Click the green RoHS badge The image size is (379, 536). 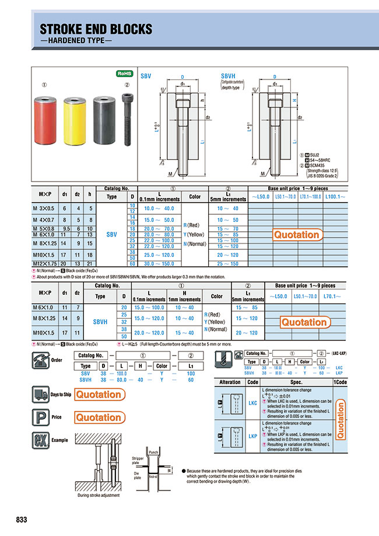coord(125,74)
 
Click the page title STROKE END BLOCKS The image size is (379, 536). coord(96,29)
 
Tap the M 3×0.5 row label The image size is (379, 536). coord(45,208)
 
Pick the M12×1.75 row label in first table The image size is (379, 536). coord(45,264)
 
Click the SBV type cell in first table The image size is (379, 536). coord(112,234)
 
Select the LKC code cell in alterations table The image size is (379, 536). coord(253,403)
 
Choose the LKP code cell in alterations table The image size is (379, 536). coord(253,436)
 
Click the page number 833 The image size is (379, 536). coord(18,520)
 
